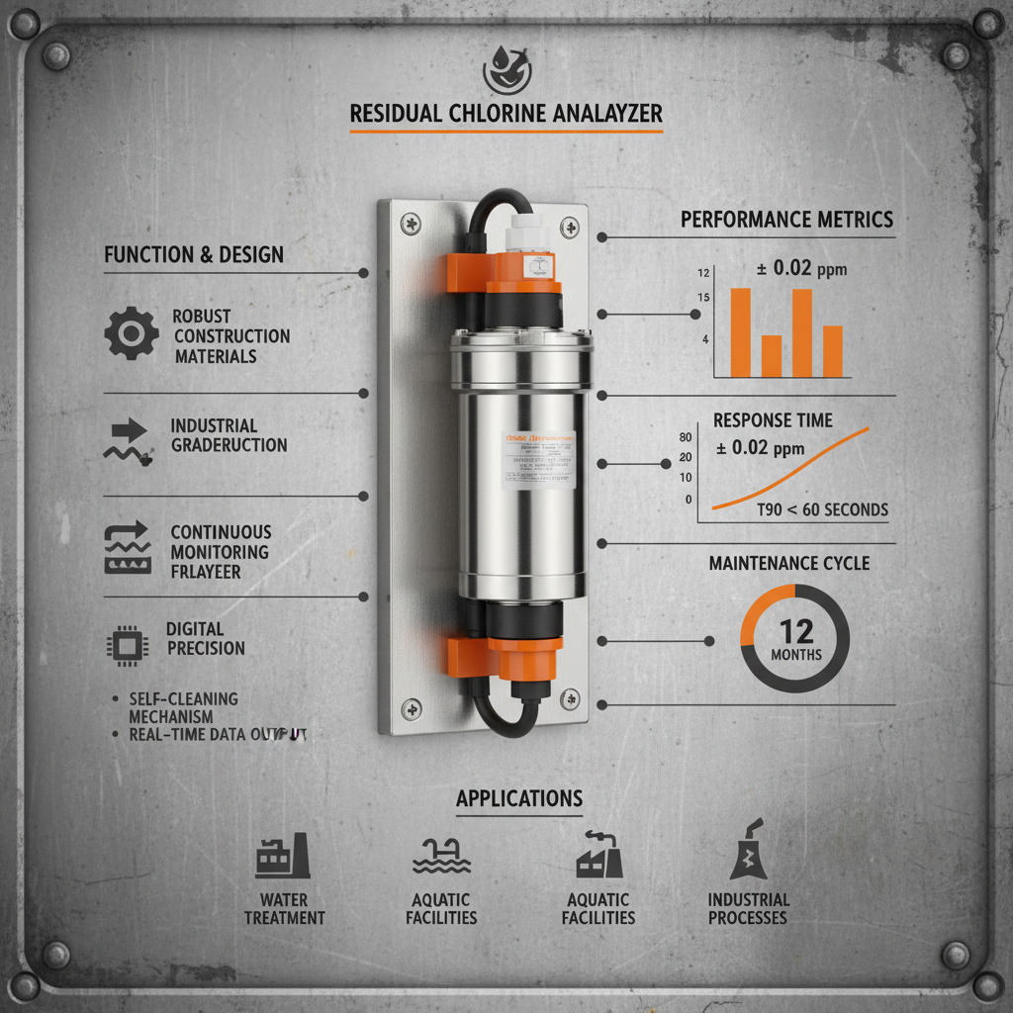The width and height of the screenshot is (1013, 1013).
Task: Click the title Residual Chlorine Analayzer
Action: (506, 115)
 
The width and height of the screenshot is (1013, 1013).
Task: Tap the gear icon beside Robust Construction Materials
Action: (131, 333)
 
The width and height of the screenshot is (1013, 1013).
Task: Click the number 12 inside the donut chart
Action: (795, 630)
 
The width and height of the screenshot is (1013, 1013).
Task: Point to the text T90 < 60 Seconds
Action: (822, 510)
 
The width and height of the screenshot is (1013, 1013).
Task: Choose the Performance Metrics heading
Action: (786, 220)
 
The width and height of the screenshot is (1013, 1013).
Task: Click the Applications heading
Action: (518, 798)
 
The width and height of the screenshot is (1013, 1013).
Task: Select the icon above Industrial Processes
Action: (748, 852)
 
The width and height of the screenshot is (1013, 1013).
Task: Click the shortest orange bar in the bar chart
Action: (772, 356)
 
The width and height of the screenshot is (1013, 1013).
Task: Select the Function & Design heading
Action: (194, 255)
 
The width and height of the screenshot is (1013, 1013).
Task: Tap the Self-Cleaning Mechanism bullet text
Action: (183, 707)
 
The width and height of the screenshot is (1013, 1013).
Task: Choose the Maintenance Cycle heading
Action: (789, 564)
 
